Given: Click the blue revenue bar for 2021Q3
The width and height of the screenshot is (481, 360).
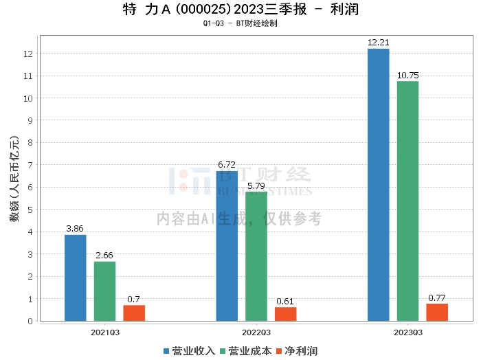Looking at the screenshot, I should tap(76, 278).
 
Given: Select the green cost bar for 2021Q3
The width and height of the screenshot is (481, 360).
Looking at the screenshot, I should tap(105, 291).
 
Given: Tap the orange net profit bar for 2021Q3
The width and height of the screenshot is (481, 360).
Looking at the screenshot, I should tap(134, 313).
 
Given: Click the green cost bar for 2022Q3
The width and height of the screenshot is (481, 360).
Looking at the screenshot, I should tap(256, 256).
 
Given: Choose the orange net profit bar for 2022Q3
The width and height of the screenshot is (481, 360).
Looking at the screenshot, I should tap(286, 314).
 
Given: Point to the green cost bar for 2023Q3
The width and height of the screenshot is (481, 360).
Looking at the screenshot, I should tap(407, 201).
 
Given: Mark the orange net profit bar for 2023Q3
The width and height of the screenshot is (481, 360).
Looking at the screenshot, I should tap(437, 312).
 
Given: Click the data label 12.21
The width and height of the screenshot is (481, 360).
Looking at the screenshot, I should tap(379, 43).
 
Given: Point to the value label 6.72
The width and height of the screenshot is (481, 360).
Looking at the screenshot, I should tap(227, 165).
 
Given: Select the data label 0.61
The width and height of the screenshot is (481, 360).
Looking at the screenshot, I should tap(286, 301).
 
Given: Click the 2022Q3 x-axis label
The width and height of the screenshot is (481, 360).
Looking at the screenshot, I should tap(256, 332).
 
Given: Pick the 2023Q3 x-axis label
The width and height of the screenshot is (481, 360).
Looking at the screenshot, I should tap(407, 332).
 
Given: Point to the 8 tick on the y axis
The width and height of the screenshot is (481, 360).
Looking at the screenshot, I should tap(28, 143).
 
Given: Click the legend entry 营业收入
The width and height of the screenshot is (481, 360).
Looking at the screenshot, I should tap(189, 350).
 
